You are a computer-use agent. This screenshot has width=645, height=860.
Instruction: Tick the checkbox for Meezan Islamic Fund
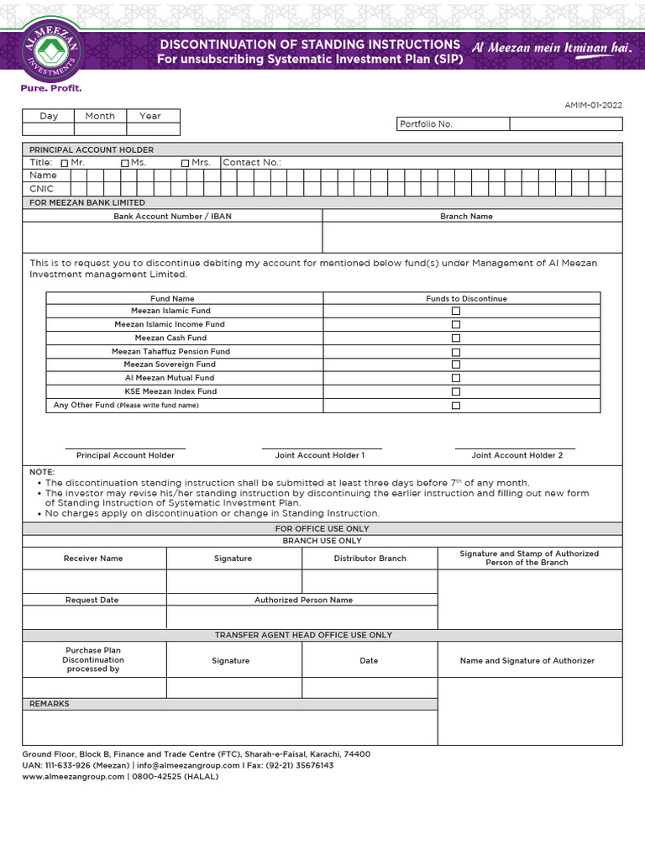coord(456,311)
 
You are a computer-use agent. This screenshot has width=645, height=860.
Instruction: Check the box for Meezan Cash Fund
coord(456,338)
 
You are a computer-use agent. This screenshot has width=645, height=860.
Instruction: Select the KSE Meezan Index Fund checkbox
coord(456,391)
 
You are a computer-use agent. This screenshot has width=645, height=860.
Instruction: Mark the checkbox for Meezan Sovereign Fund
coord(456,364)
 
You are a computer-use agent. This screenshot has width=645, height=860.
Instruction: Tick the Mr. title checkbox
coord(66,163)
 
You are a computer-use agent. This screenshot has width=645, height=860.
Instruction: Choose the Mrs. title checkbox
coord(185,163)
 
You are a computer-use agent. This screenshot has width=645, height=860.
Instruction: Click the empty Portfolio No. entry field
coord(565,124)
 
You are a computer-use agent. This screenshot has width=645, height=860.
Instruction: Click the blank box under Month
coord(100,129)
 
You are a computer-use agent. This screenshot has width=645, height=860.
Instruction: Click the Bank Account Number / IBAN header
coord(172,217)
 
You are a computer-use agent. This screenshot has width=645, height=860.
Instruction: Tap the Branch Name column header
coord(466,217)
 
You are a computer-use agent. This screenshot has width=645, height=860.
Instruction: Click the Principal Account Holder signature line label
coord(125,455)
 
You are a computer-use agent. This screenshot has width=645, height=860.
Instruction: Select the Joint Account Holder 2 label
coord(517,455)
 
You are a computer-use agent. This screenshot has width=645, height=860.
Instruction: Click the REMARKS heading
coord(50,704)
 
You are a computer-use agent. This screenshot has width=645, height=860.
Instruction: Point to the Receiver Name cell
coord(93,558)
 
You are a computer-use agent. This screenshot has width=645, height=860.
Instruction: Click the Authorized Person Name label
coord(303,600)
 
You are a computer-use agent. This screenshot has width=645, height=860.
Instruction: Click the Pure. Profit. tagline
coord(51,88)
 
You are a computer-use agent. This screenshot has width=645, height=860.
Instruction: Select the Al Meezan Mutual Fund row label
coord(169,378)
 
